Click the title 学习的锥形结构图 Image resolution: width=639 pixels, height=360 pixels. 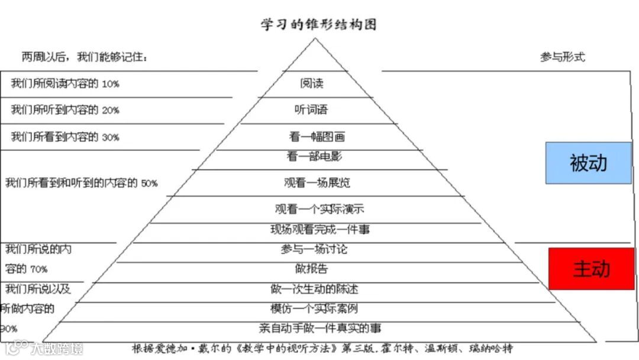tap(319, 24)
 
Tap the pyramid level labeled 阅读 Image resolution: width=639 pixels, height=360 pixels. tap(312, 83)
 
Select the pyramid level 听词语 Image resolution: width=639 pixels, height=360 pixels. tap(311, 110)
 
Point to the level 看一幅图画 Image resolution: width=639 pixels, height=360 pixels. tap(317, 137)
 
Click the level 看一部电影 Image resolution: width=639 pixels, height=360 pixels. tap(314, 157)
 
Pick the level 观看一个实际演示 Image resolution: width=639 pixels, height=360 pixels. tap(319, 209)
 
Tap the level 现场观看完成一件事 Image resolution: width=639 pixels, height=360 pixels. tap(320, 229)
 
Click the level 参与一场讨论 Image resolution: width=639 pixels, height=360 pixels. tap(314, 249)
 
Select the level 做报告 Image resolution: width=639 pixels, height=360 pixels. tap(311, 269)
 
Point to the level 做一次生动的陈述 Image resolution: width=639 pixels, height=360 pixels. tap(314, 289)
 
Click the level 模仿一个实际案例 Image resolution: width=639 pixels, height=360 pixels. tap(314, 308)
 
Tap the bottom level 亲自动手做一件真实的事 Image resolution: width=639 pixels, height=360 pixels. tap(320, 328)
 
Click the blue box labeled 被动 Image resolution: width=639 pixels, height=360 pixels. tap(589, 163)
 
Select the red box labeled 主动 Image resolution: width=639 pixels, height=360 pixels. tap(592, 269)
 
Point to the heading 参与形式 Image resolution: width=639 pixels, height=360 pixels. tap(562, 57)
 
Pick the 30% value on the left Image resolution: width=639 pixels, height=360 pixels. tap(111, 137)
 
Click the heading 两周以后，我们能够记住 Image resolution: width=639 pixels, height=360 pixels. tap(85, 57)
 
